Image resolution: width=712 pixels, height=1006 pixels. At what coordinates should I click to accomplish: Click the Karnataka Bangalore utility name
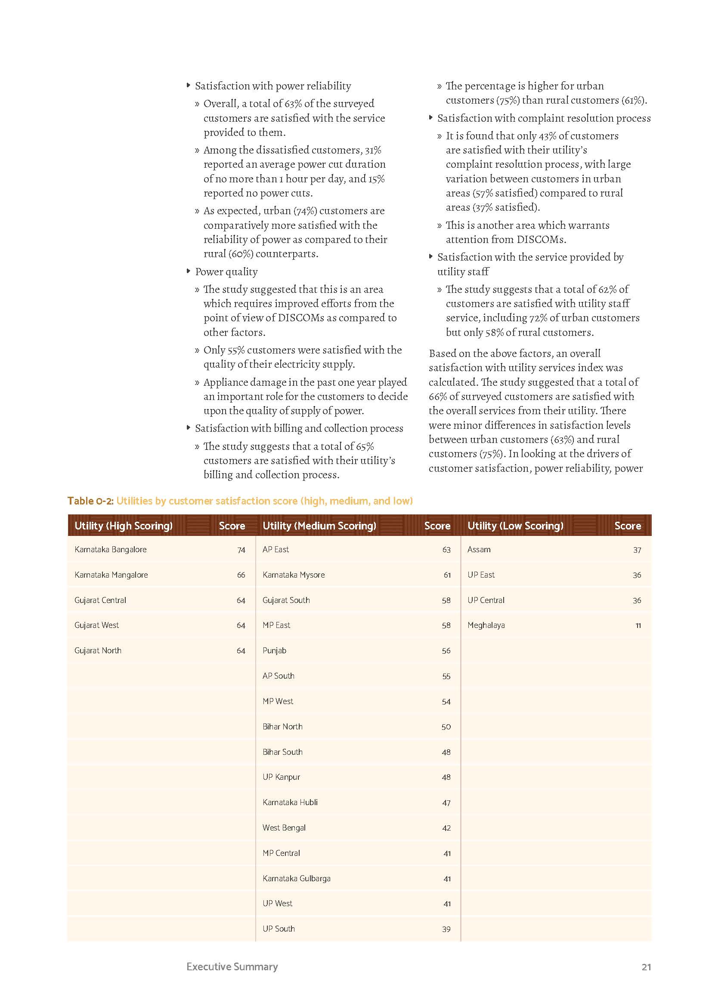[111, 549]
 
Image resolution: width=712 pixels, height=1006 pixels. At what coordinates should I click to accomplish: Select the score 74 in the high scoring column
[241, 550]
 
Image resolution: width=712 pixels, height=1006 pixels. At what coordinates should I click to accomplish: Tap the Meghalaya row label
[486, 625]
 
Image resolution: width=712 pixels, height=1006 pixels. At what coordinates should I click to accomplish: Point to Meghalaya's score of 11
[638, 626]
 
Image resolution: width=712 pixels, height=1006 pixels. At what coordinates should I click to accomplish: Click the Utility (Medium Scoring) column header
[319, 525]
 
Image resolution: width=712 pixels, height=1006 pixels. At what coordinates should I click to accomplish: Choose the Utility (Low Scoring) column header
[515, 525]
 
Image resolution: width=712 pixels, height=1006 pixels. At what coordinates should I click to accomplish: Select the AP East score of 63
[446, 550]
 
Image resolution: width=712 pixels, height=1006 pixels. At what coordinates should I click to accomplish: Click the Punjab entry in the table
[274, 651]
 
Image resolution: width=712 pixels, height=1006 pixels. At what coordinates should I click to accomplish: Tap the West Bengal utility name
[284, 828]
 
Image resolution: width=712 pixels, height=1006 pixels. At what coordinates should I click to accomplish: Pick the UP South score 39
[446, 929]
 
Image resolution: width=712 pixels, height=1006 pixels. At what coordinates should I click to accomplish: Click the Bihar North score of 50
[446, 727]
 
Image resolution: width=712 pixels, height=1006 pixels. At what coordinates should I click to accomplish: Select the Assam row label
[479, 549]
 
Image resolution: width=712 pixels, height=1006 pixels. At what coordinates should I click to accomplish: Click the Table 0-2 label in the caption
[90, 501]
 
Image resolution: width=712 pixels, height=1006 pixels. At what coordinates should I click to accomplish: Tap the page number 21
[646, 967]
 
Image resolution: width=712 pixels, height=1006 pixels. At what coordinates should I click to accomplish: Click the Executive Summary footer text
[232, 966]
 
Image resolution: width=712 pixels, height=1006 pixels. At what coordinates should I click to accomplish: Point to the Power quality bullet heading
[226, 272]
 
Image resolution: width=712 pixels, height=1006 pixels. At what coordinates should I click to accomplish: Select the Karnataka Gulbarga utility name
[296, 879]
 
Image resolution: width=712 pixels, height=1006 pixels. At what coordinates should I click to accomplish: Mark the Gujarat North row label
[98, 651]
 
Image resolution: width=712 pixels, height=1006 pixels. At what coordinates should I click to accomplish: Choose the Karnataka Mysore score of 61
[447, 575]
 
